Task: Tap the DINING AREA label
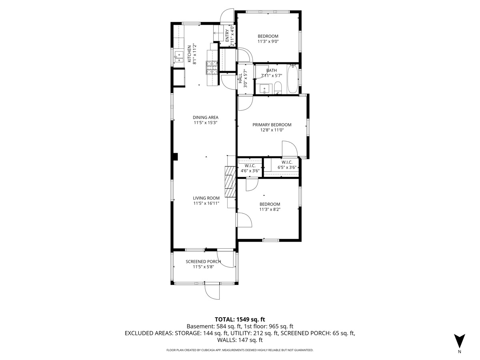[206, 117]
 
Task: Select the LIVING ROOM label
[206, 198]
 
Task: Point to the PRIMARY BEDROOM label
[272, 125]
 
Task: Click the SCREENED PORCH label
[203, 262]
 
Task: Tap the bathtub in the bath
[292, 79]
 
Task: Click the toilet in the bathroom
[278, 88]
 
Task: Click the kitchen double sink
[179, 57]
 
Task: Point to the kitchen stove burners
[212, 67]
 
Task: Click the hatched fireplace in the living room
[230, 182]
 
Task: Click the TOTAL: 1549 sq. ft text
[240, 319]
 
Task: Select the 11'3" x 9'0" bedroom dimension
[268, 42]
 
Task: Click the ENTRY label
[227, 36]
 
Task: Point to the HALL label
[240, 78]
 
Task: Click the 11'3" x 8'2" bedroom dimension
[270, 209]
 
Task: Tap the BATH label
[272, 70]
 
